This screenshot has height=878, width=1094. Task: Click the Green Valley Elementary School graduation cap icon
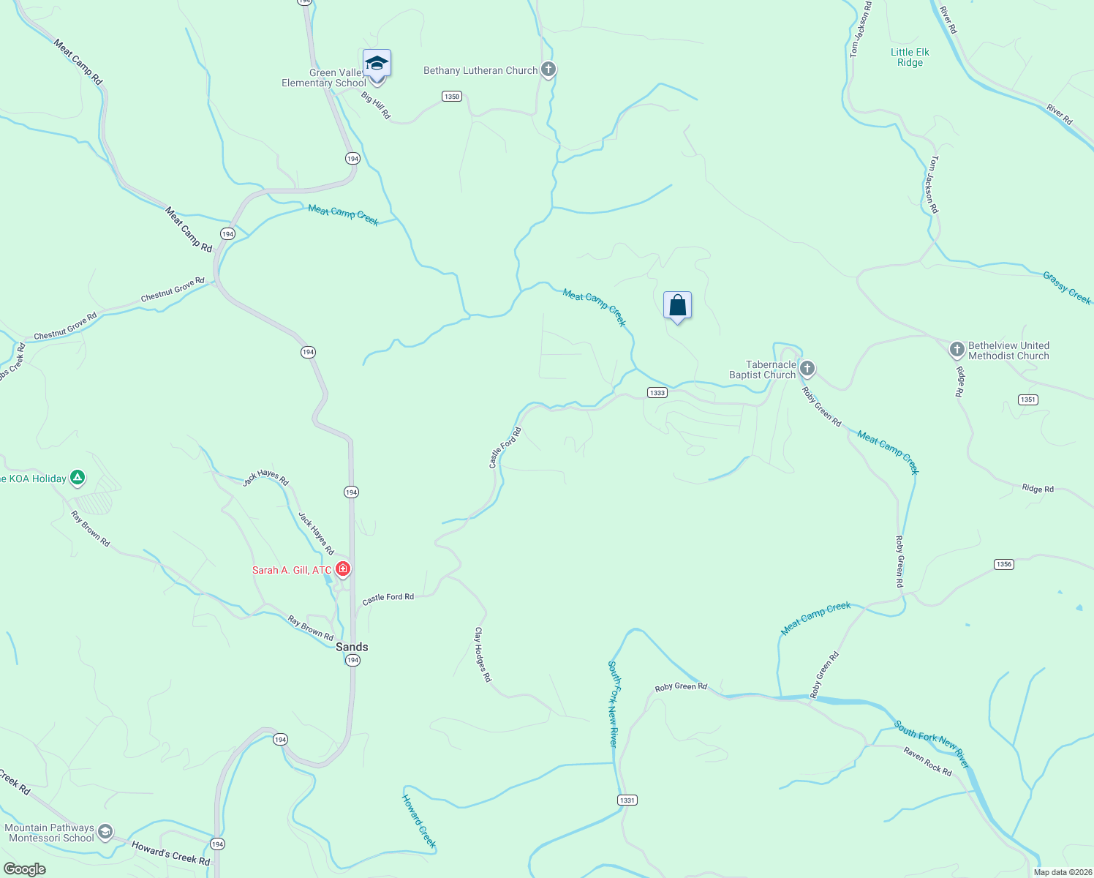[x=377, y=64]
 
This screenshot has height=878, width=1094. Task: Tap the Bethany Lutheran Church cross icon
[x=548, y=70]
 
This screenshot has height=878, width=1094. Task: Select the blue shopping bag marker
[x=677, y=305]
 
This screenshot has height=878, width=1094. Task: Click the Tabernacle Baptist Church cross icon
[x=807, y=368]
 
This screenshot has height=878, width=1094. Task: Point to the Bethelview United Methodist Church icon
[x=957, y=350]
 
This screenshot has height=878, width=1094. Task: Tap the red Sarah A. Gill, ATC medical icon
[x=343, y=569]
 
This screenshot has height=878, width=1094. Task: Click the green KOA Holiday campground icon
[x=78, y=479]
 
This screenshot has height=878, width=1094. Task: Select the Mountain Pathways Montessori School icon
[x=105, y=832]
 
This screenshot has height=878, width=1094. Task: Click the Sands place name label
[x=352, y=647]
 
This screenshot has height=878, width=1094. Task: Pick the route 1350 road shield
[x=452, y=97]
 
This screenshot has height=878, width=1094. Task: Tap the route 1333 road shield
[x=657, y=393]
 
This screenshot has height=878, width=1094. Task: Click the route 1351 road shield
[x=1028, y=399]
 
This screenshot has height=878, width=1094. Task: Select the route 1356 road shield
[x=1004, y=564]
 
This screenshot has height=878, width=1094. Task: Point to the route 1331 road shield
[x=627, y=800]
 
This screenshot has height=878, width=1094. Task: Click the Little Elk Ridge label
[x=910, y=57]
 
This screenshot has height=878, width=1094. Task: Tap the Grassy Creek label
[x=1067, y=288]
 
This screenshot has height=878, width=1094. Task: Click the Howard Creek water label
[x=419, y=821]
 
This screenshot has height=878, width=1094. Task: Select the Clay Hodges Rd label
[x=483, y=654]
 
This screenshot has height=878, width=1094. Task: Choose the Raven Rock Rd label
[x=927, y=762]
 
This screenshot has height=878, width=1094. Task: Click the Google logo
[x=25, y=868]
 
